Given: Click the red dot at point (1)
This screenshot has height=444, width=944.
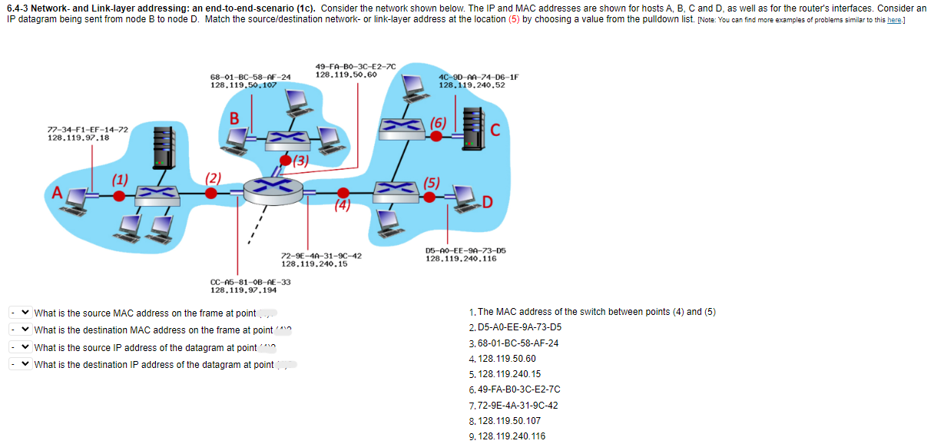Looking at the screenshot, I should click(x=119, y=196).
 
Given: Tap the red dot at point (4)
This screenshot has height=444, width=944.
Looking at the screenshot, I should click(x=343, y=193).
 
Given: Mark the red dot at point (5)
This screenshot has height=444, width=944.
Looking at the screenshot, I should click(x=432, y=196).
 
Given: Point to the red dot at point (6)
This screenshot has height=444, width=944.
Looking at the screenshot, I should click(x=436, y=136).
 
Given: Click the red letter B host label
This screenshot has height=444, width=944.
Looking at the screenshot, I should click(x=235, y=118).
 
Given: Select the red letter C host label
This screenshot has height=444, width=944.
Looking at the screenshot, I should click(x=495, y=130).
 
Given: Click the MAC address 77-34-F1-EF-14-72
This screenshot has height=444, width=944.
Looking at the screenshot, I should click(x=88, y=130).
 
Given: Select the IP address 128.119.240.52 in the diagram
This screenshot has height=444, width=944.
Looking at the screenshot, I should click(x=471, y=85).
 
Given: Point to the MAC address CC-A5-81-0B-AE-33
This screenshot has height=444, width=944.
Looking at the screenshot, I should click(x=250, y=282).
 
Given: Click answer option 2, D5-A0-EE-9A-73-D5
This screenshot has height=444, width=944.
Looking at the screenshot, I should click(x=519, y=326).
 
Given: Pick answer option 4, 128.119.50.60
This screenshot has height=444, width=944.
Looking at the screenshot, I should click(x=506, y=358).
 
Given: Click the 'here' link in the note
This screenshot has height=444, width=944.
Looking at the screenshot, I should click(x=893, y=18).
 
